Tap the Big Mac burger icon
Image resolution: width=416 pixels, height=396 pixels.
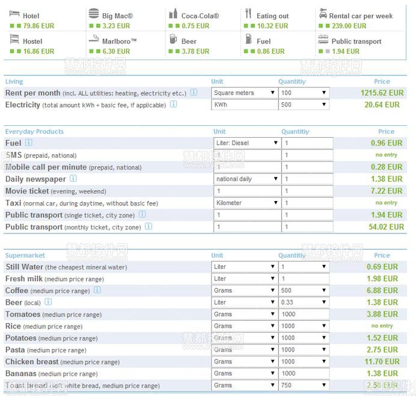pyautogui.click(x=93, y=14)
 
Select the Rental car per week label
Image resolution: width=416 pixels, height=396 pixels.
pyautogui.click(x=361, y=16)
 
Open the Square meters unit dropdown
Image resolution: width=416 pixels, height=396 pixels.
pyautogui.click(x=244, y=93)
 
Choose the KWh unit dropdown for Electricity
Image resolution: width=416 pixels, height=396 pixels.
pyautogui.click(x=244, y=105)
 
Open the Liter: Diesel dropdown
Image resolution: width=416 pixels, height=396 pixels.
pyautogui.click(x=247, y=143)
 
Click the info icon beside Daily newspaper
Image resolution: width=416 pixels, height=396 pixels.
pyautogui.click(x=73, y=179)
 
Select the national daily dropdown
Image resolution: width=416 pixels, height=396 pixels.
pyautogui.click(x=247, y=179)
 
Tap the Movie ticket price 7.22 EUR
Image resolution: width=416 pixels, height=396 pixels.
pyautogui.click(x=386, y=191)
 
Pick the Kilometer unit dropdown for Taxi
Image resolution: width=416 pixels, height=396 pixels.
pyautogui.click(x=247, y=203)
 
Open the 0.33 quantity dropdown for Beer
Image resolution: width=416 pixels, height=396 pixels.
pyautogui.click(x=304, y=302)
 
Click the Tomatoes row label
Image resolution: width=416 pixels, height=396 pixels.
pyautogui.click(x=23, y=314)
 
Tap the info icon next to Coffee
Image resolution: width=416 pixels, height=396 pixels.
pyautogui.click(x=97, y=290)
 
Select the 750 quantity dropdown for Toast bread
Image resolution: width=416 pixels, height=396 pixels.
pyautogui.click(x=304, y=385)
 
